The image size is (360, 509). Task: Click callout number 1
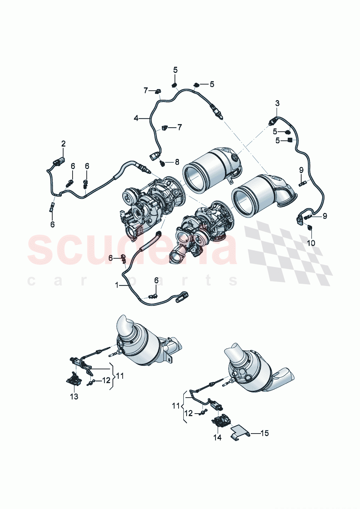click(x=117, y=286)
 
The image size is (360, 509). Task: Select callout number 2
click(x=64, y=144)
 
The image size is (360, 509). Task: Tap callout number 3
click(x=277, y=103)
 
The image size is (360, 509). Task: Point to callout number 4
click(x=136, y=118)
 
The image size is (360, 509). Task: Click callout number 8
click(x=177, y=162)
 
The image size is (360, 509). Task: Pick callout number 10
click(x=311, y=243)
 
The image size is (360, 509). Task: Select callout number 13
click(x=74, y=397)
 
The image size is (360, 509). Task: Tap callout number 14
click(x=217, y=438)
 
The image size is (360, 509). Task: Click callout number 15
click(x=265, y=433)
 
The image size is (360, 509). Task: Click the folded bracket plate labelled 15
click(x=240, y=432)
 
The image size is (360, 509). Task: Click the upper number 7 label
click(x=146, y=90)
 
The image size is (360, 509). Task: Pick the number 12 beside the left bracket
click(x=106, y=380)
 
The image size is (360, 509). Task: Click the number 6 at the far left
click(x=53, y=225)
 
